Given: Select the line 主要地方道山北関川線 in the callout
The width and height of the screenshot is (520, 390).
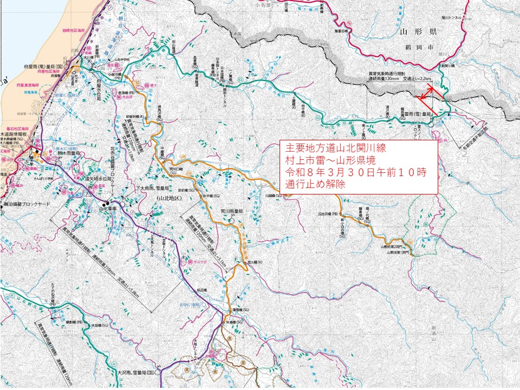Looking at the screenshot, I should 326,148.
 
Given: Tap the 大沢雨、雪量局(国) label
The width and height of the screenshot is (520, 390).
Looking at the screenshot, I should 135,373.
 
